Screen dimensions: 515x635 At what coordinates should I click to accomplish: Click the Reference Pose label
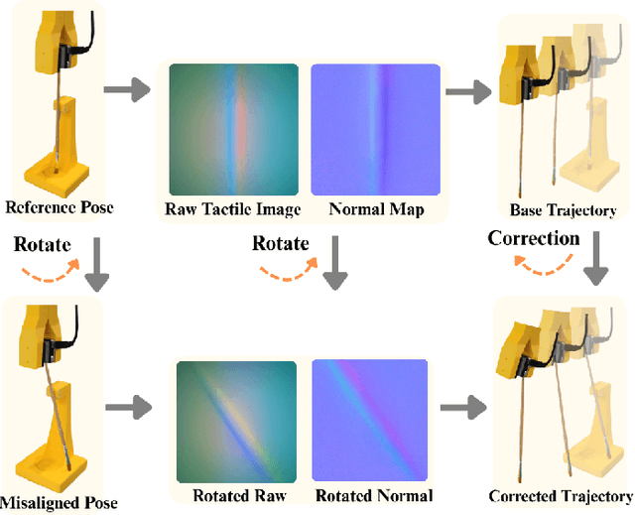coord(59,208)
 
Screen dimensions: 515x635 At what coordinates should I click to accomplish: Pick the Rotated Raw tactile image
coord(237,418)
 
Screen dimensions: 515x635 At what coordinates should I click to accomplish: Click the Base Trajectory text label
coord(563,210)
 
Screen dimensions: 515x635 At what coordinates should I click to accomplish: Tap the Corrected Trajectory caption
coord(561,496)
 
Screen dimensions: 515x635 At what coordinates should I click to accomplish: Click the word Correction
coord(534,238)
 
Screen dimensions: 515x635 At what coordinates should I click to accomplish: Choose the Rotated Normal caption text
coord(374,496)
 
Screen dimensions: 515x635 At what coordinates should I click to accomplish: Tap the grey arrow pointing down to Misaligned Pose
coord(95,267)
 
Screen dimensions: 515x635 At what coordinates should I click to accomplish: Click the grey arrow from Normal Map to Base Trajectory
coord(466,91)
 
